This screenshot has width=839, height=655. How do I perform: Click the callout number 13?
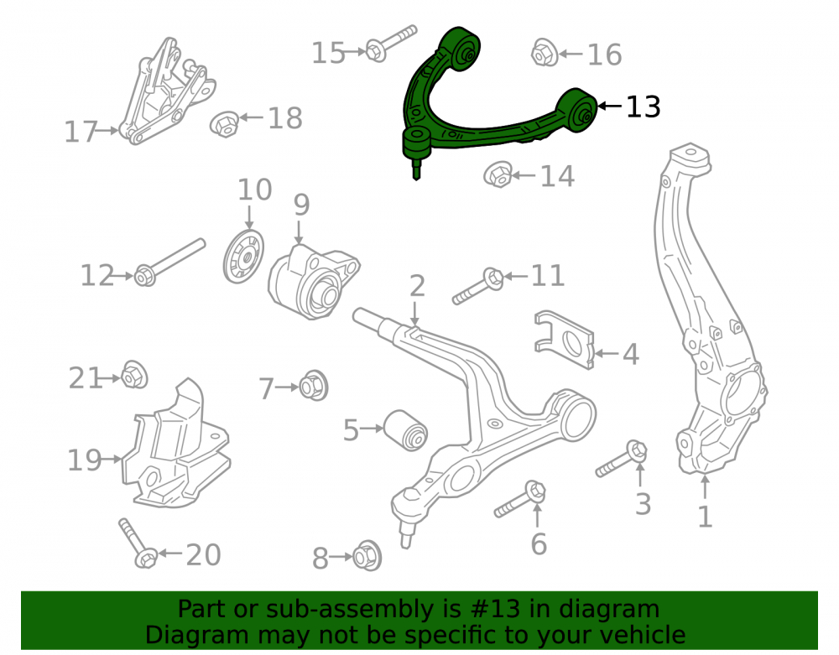[644, 107]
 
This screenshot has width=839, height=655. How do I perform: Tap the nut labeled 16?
[545, 52]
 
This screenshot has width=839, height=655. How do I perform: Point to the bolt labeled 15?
[391, 43]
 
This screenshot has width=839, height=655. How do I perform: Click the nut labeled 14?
[498, 174]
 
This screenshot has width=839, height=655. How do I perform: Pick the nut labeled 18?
[224, 123]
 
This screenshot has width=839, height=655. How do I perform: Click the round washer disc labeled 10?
[243, 257]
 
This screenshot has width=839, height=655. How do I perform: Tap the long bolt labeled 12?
[169, 263]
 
